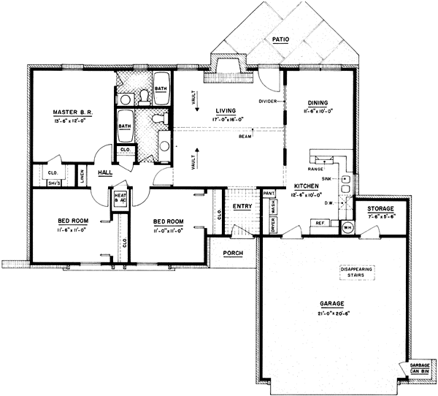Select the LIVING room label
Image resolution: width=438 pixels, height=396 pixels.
click(215, 110)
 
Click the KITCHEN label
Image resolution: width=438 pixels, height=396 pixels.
click(310, 186)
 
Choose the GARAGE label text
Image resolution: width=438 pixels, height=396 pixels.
click(331, 304)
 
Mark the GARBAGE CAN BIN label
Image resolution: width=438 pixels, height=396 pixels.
click(419, 370)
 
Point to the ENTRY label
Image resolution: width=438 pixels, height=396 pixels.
click(242, 207)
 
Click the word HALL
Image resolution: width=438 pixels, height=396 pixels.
click(105, 172)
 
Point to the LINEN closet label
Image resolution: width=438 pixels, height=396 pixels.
click(82, 173)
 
